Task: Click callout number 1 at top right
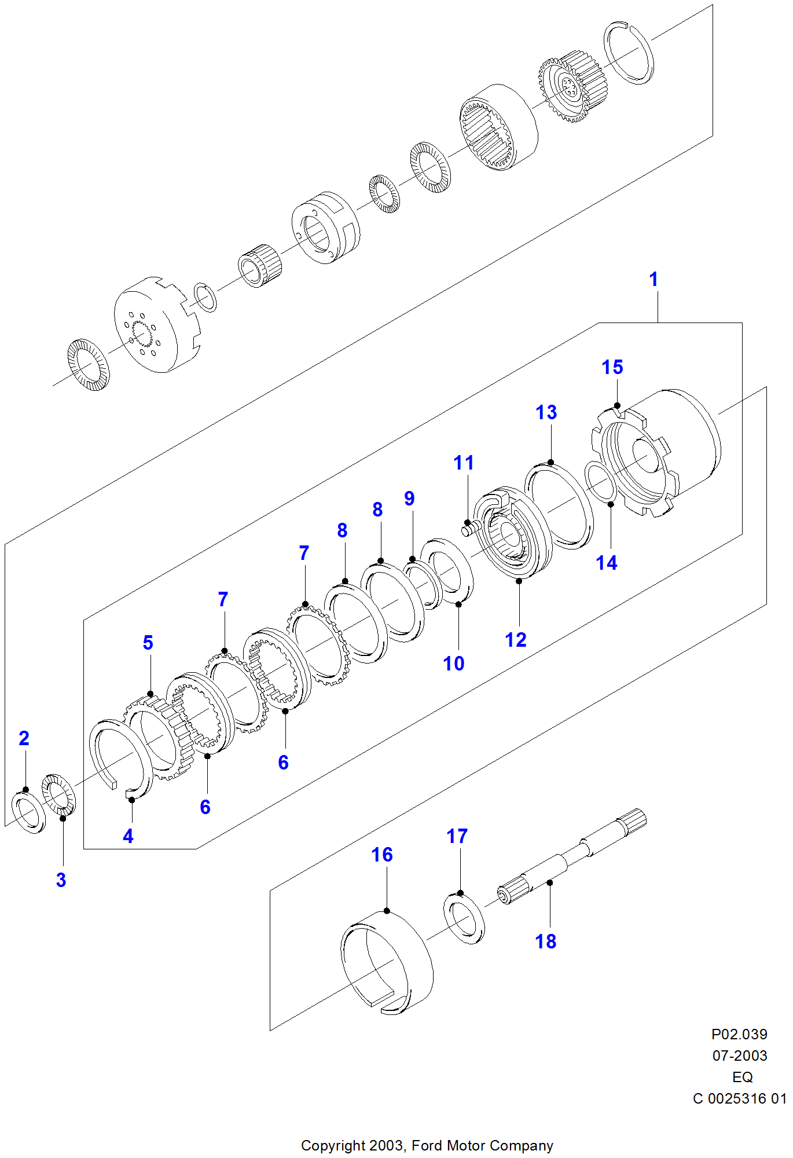(x=654, y=280)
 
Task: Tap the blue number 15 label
(x=612, y=367)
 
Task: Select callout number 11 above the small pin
(x=464, y=463)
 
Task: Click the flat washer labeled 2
(x=28, y=813)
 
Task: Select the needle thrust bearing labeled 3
(x=59, y=794)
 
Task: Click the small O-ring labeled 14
(x=600, y=482)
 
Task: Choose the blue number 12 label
(x=515, y=640)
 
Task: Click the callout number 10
(x=454, y=664)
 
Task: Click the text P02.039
(x=739, y=1034)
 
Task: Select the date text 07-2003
(x=739, y=1056)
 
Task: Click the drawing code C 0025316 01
(x=739, y=1098)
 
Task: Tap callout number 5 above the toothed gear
(x=148, y=643)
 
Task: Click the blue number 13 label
(x=546, y=412)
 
